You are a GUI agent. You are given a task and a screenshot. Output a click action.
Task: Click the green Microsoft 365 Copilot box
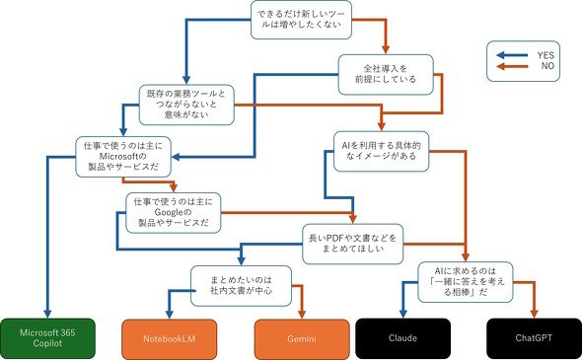click(x=47, y=338)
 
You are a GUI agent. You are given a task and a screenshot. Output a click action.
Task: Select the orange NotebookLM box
click(x=170, y=339)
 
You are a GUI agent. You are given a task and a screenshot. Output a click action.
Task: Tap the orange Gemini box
click(x=302, y=339)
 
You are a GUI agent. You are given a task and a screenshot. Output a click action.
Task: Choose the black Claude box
click(x=403, y=338)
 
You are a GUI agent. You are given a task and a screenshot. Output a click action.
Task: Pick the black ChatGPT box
click(x=534, y=338)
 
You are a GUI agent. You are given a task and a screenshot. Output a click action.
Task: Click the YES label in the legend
click(x=546, y=55)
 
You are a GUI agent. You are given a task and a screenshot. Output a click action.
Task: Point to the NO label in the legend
click(x=547, y=66)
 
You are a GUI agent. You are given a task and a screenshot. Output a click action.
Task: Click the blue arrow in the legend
click(x=512, y=55)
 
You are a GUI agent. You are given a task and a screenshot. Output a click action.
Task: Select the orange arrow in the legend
click(x=512, y=66)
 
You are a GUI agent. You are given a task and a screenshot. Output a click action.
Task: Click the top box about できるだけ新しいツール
click(x=301, y=20)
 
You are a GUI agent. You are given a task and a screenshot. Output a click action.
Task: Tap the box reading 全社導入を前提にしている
click(x=386, y=74)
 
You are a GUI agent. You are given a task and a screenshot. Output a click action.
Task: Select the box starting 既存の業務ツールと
click(x=186, y=105)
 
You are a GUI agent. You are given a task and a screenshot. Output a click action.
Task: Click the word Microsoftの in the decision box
click(x=123, y=156)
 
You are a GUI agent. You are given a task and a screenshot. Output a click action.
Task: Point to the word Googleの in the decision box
click(x=173, y=212)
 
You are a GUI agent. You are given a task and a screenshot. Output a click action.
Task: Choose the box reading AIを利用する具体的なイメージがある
click(x=381, y=151)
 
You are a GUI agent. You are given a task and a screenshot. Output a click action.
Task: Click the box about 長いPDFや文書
click(x=352, y=244)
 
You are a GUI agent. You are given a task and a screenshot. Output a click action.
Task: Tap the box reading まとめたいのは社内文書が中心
click(x=241, y=285)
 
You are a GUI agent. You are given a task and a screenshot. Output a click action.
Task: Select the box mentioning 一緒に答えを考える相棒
click(x=466, y=282)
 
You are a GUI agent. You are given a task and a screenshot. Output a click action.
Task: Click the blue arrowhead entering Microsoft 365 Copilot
click(x=47, y=314)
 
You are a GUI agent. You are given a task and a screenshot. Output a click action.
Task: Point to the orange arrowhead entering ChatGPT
click(x=534, y=314)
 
